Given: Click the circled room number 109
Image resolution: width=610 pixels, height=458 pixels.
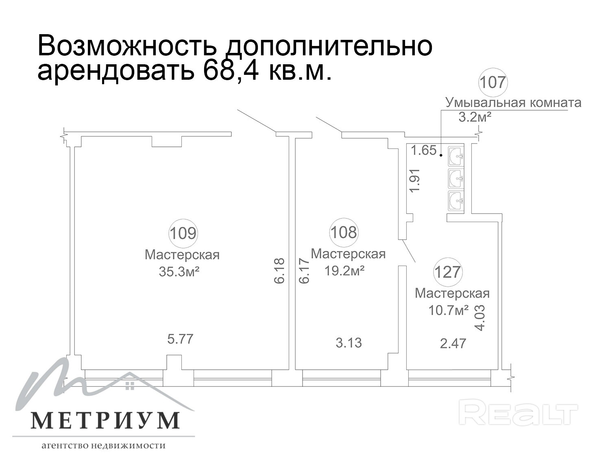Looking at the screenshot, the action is pyautogui.click(x=183, y=233).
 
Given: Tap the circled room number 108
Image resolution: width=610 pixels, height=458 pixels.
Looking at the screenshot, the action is pyautogui.click(x=344, y=232).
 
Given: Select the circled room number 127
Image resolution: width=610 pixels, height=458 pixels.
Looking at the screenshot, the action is pyautogui.click(x=448, y=272).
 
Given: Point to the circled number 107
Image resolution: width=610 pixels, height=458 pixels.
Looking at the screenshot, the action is pyautogui.click(x=493, y=83).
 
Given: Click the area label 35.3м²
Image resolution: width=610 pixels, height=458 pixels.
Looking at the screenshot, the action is pyautogui.click(x=179, y=272).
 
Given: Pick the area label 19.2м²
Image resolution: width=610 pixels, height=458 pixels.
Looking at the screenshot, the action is pyautogui.click(x=344, y=270).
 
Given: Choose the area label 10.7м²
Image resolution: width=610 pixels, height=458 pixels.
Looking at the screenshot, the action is pyautogui.click(x=449, y=310).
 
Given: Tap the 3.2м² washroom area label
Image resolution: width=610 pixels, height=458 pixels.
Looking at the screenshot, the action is pyautogui.click(x=475, y=117).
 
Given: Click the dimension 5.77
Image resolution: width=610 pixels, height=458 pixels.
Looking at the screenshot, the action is pyautogui.click(x=181, y=339).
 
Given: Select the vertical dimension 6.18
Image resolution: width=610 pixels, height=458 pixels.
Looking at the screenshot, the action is pyautogui.click(x=279, y=270).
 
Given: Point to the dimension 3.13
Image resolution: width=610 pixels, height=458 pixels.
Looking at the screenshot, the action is pyautogui.click(x=349, y=342).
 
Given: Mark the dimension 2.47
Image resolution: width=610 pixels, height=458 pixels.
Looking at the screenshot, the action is pyautogui.click(x=453, y=343).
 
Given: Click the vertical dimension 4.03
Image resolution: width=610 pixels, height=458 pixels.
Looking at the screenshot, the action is pyautogui.click(x=480, y=318).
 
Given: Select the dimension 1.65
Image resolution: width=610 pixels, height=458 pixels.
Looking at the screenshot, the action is pyautogui.click(x=423, y=150).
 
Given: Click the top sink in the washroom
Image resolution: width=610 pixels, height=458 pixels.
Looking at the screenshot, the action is pyautogui.click(x=456, y=157).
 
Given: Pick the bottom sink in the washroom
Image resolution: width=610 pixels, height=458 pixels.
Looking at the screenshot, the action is pyautogui.click(x=456, y=201).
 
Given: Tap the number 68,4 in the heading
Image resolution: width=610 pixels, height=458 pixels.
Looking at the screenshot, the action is pyautogui.click(x=231, y=69).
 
